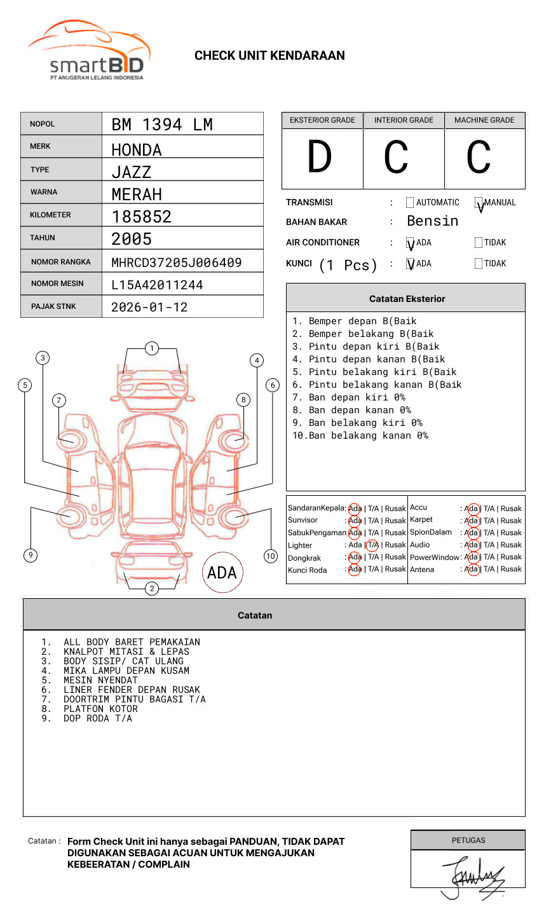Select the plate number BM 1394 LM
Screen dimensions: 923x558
click(x=162, y=125)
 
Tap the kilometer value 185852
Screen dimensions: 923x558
click(x=142, y=217)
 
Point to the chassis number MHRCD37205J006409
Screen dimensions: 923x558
click(x=177, y=263)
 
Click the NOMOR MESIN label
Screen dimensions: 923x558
click(x=57, y=284)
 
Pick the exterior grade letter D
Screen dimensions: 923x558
click(x=320, y=158)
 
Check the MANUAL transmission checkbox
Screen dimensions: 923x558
click(x=479, y=203)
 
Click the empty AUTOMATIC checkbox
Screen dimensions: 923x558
click(x=410, y=203)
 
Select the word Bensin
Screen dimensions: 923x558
click(x=432, y=221)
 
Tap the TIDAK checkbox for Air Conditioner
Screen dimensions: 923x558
click(x=479, y=242)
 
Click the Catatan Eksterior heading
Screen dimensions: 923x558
click(x=407, y=299)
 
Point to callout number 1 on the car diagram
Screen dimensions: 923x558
click(x=152, y=348)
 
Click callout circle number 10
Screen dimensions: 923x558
click(x=271, y=556)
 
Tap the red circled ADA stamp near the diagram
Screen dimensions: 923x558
click(x=222, y=573)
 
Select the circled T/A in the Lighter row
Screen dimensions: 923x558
click(x=372, y=545)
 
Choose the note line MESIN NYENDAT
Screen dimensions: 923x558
click(x=100, y=680)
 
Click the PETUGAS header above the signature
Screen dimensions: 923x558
click(x=468, y=840)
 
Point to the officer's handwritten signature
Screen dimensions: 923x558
click(x=473, y=876)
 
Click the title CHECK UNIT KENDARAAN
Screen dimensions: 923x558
click(x=269, y=56)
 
